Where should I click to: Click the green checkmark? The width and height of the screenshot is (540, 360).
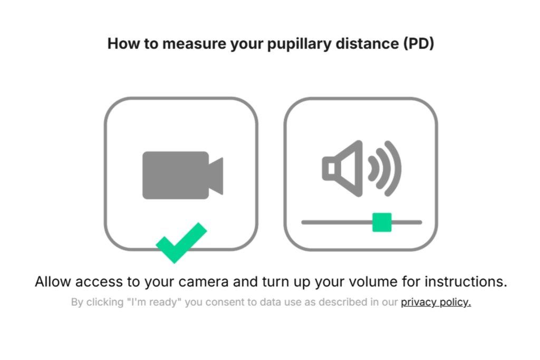(181, 243)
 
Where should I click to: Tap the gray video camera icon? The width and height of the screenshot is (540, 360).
(182, 175)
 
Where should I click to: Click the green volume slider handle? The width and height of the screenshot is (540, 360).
(382, 222)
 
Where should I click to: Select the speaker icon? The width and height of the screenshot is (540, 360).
(343, 168)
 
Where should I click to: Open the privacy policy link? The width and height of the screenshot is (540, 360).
(436, 303)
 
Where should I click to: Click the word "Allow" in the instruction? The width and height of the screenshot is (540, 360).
(53, 281)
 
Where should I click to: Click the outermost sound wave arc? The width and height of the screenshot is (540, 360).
(394, 168)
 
